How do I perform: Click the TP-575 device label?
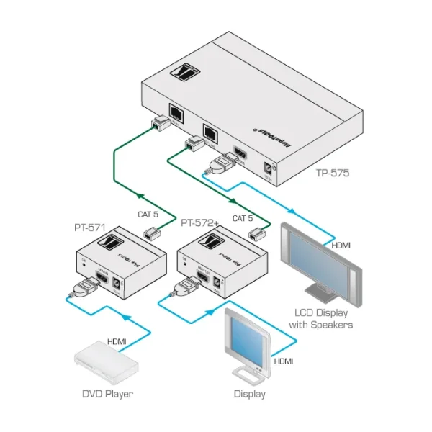(332, 173)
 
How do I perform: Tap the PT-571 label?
(90, 228)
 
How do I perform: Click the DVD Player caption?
(107, 393)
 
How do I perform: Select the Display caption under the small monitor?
(250, 394)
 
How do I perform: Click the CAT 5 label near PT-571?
(149, 214)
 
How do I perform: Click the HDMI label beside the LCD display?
(341, 246)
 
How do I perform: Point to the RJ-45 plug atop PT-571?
(151, 232)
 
